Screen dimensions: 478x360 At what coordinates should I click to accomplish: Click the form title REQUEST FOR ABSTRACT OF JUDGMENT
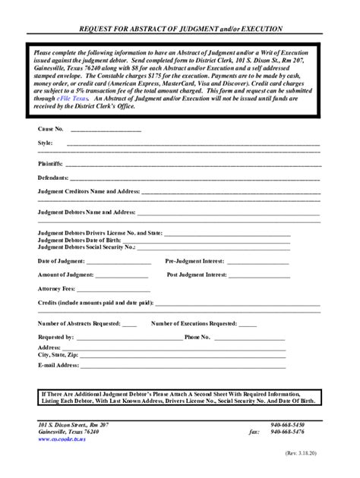(180, 29)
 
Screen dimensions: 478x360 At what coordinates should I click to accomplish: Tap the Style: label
(46, 143)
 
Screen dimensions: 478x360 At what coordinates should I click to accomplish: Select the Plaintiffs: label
(51, 163)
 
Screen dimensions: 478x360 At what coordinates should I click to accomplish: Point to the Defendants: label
(53, 178)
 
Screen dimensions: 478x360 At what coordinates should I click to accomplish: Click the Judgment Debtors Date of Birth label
(78, 241)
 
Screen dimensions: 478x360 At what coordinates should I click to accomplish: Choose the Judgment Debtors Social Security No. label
(86, 247)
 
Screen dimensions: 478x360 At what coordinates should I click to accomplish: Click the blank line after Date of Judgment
(118, 262)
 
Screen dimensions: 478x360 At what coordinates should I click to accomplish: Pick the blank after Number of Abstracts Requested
(128, 323)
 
